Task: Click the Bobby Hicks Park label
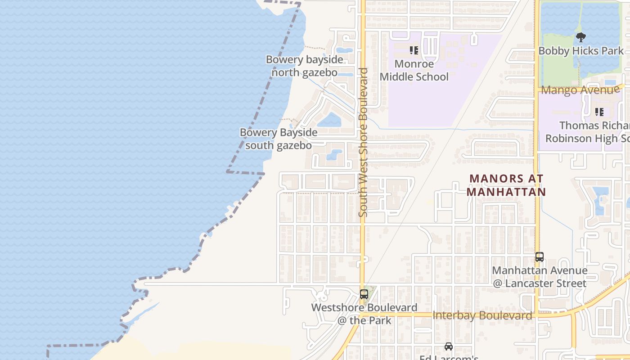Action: [x=581, y=51]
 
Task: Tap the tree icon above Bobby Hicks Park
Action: [x=581, y=37]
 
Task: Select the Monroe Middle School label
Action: [x=414, y=70]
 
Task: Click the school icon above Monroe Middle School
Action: [x=414, y=50]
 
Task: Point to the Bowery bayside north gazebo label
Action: [x=304, y=66]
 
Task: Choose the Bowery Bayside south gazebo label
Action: [x=279, y=139]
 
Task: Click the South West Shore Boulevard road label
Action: [x=363, y=142]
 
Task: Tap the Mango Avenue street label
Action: [x=580, y=90]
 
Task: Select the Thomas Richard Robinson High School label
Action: [x=587, y=131]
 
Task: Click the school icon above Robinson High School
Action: [x=599, y=112]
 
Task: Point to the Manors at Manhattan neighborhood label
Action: [x=506, y=185]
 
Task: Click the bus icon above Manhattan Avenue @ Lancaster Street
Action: [x=540, y=257]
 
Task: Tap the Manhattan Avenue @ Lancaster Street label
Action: [x=540, y=277]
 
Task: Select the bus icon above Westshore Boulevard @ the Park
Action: [x=364, y=294]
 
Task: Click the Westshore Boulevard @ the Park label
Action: [x=364, y=314]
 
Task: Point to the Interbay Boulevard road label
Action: [x=482, y=315]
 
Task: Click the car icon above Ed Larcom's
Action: [x=449, y=346]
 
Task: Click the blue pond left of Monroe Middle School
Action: [x=344, y=50]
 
